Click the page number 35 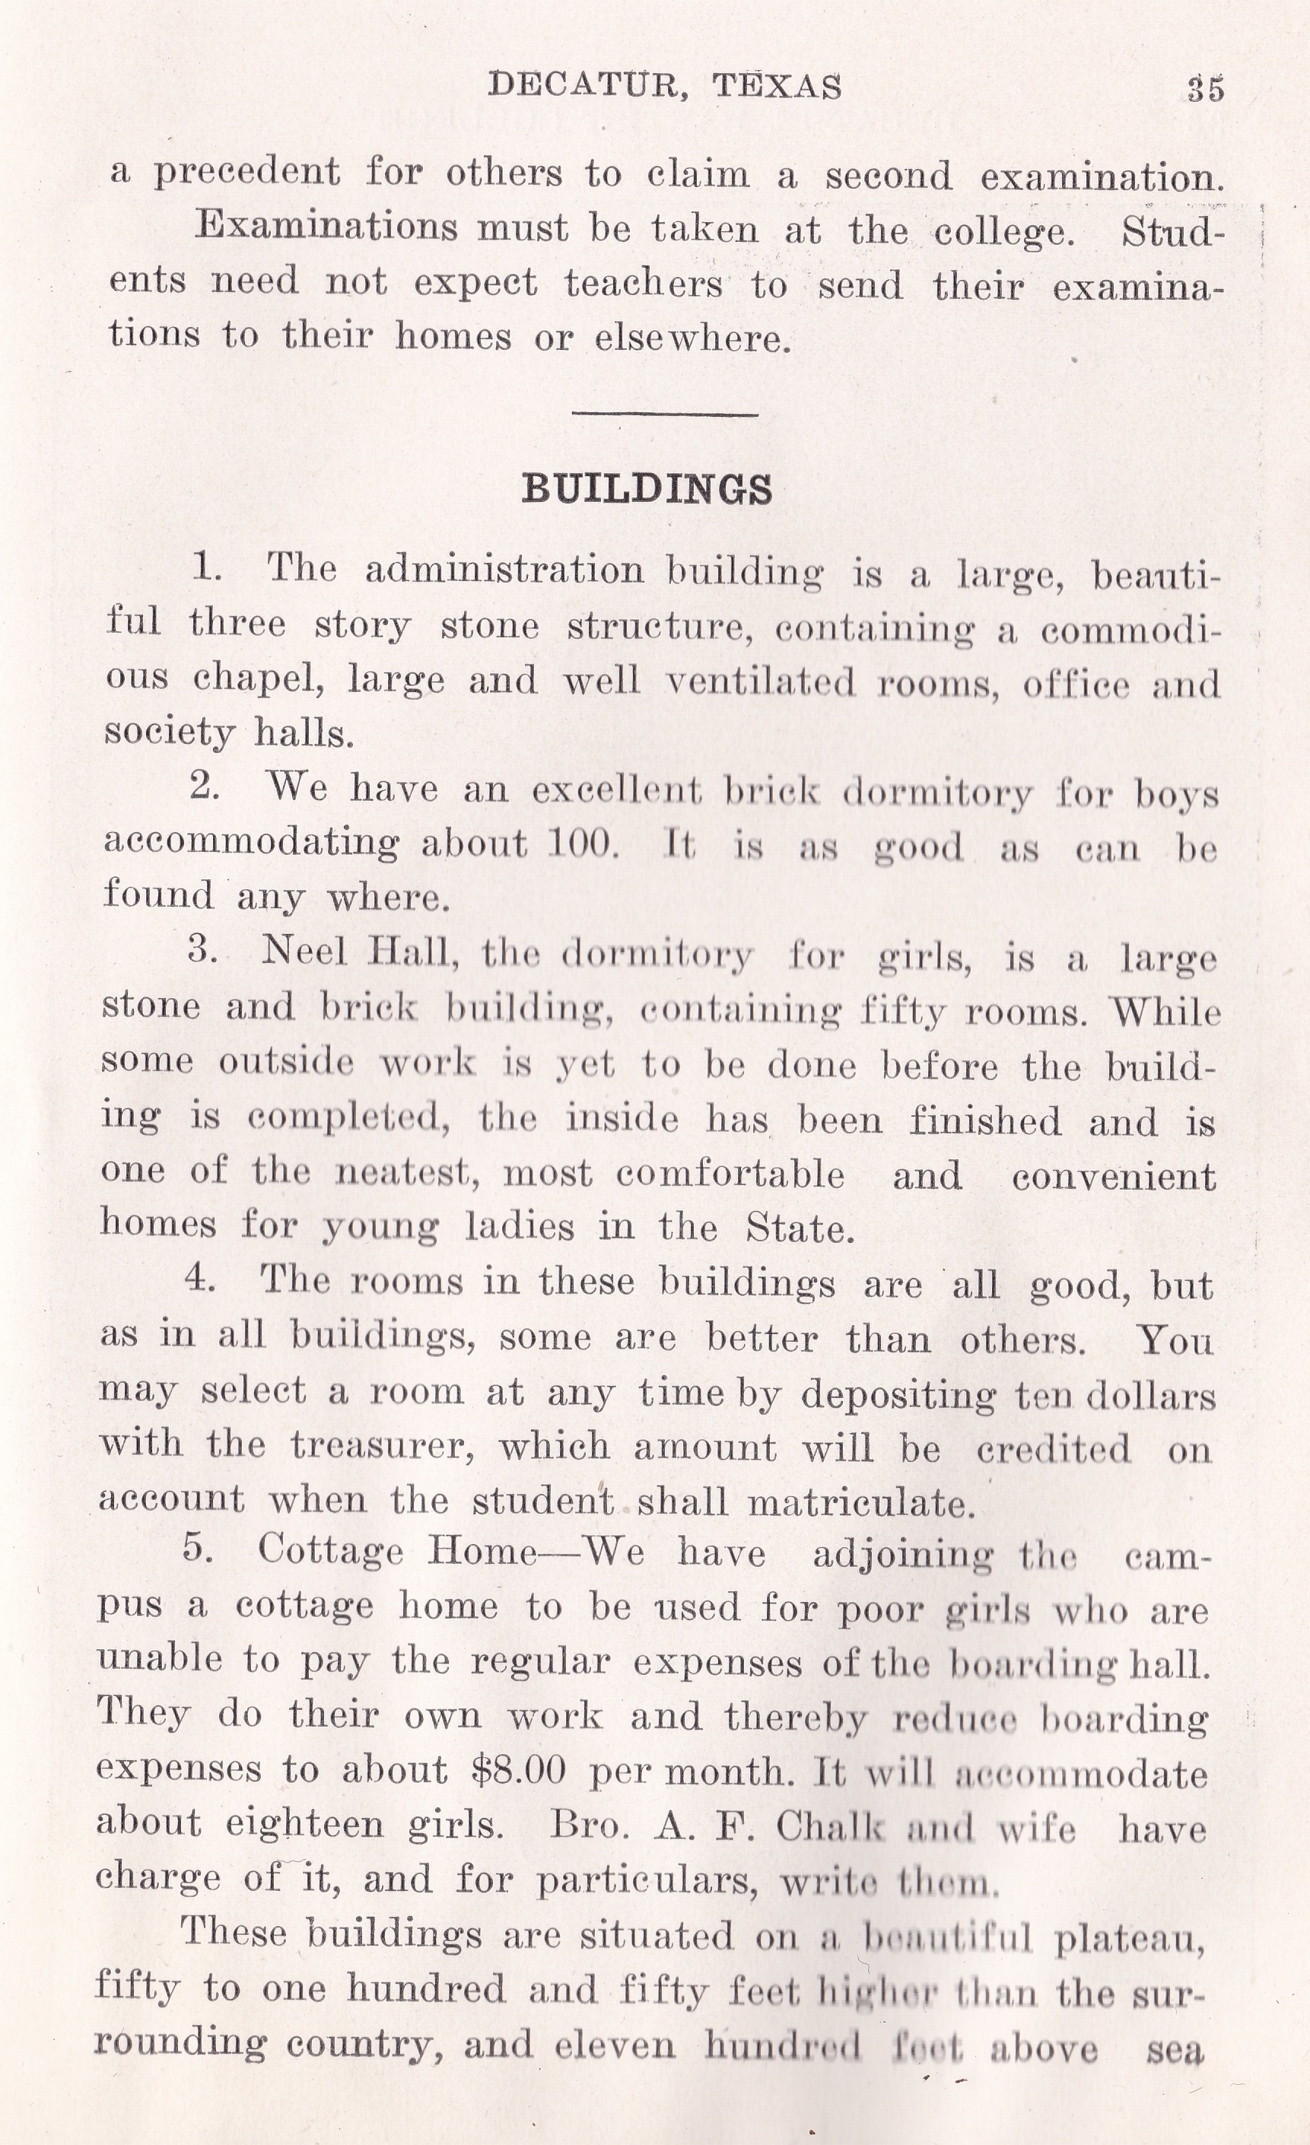point(1206,90)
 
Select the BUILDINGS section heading point(647,489)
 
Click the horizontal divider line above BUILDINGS point(664,415)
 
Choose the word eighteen point(304,1824)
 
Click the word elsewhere point(692,338)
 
